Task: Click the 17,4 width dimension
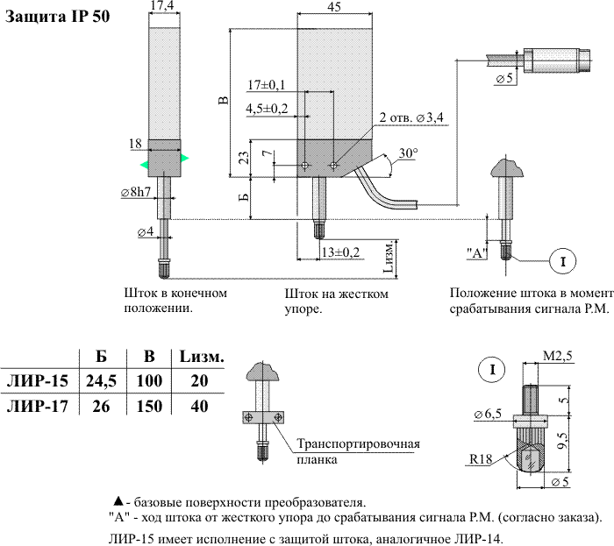(161, 6)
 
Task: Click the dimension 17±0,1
(267, 85)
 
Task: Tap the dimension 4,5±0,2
(267, 109)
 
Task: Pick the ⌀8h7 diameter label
(137, 192)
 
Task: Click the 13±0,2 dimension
(340, 252)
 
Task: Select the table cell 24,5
(103, 382)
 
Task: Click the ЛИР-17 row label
(36, 407)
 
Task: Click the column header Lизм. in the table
(201, 357)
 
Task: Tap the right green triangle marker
(185, 159)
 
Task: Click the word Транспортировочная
(359, 443)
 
